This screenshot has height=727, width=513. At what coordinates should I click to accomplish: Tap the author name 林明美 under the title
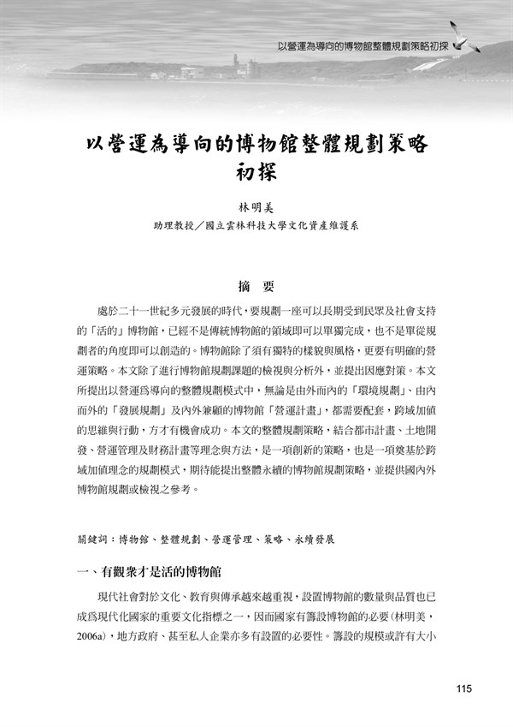click(256, 207)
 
